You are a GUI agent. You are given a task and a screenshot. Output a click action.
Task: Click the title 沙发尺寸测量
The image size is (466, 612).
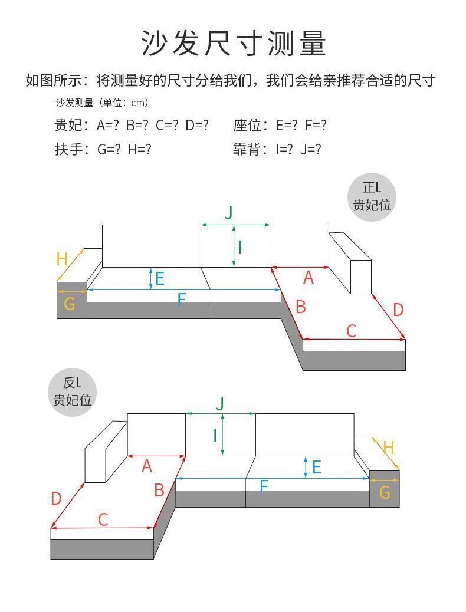[233, 42]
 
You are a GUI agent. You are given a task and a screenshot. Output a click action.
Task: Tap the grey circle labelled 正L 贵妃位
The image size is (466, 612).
[372, 197]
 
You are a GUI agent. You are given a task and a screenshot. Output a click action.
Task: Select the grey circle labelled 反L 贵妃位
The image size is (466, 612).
[73, 391]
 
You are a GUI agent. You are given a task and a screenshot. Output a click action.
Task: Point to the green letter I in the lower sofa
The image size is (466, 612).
[215, 435]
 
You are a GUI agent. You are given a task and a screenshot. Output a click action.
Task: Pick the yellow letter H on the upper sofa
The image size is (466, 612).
[62, 258]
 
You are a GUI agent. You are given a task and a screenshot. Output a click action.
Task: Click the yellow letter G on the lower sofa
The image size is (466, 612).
[385, 492]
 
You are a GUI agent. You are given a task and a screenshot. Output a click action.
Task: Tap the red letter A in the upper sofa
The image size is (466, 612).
[308, 278]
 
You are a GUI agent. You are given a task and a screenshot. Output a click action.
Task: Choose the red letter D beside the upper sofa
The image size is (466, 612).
[398, 310]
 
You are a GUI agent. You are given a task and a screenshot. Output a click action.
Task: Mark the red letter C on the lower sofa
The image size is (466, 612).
[103, 519]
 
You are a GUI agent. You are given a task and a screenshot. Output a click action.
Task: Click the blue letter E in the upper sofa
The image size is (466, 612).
[160, 278]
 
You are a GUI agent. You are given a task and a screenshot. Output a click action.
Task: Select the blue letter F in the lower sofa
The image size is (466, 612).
[264, 486]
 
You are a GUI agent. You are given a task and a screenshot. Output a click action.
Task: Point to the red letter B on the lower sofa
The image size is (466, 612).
[159, 490]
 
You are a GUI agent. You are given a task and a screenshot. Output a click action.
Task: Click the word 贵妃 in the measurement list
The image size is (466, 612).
[68, 126]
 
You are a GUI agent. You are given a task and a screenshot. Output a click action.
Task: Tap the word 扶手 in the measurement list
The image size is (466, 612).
[68, 150]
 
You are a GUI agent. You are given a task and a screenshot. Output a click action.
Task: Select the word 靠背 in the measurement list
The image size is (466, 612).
[247, 150]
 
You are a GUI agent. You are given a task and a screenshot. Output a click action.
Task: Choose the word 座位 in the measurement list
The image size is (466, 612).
[247, 126]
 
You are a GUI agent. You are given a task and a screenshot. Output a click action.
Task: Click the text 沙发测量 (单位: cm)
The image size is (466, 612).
[101, 103]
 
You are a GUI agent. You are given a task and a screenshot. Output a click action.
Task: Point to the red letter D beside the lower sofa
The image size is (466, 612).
[56, 499]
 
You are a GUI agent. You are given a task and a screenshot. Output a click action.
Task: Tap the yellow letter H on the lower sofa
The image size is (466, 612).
[388, 448]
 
